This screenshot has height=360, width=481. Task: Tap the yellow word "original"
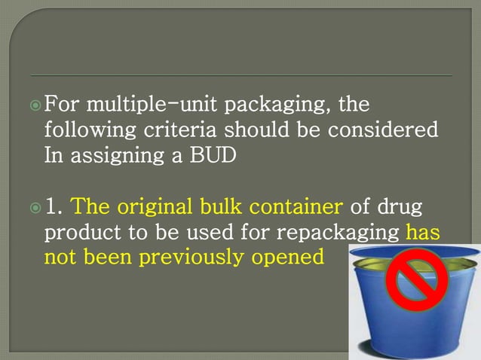147,206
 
